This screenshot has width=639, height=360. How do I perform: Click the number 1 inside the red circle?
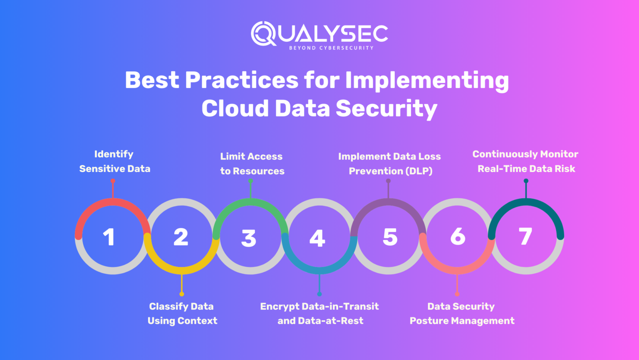(109, 237)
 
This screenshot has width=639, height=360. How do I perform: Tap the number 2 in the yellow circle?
(181, 237)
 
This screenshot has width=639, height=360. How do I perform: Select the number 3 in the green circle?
(249, 238)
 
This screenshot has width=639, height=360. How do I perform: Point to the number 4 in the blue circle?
(317, 238)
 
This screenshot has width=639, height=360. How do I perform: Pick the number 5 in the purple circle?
(390, 237)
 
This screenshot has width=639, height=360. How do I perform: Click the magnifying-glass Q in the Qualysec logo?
(263, 34)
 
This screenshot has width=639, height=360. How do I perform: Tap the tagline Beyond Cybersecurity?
(331, 48)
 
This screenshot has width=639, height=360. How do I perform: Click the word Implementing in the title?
(427, 80)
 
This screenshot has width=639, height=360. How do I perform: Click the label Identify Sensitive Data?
(114, 161)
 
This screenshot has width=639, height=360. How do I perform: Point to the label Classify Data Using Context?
(182, 313)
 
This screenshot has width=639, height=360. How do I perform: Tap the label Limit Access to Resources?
(252, 163)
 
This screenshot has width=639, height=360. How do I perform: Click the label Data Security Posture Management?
(462, 313)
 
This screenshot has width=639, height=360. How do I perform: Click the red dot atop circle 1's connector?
(113, 181)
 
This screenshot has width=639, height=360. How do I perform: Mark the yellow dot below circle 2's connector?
(182, 294)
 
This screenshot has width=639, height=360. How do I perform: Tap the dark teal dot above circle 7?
(526, 181)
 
